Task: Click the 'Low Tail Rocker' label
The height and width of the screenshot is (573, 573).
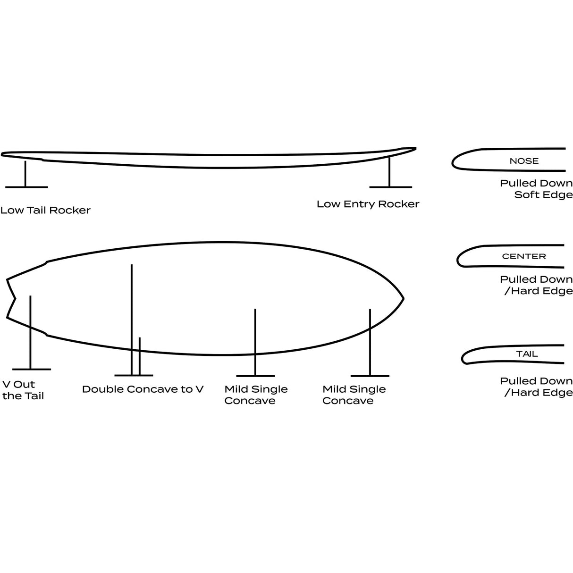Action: click(x=45, y=210)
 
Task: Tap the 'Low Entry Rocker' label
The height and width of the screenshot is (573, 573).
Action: click(x=368, y=204)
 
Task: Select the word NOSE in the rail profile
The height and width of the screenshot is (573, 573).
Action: click(x=524, y=161)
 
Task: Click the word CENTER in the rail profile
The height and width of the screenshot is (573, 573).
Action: click(x=524, y=256)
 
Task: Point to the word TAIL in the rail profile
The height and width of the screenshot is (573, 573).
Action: click(x=527, y=354)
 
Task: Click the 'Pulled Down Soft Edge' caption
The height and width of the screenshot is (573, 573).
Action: click(x=536, y=189)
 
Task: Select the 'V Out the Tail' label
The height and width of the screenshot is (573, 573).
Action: click(x=23, y=390)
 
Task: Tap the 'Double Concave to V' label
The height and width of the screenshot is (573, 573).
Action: click(x=143, y=389)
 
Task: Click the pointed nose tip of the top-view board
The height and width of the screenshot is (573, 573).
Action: click(x=403, y=298)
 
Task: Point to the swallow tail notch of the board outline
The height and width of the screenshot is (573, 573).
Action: click(x=15, y=299)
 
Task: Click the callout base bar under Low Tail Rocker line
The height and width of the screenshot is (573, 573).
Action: click(x=26, y=187)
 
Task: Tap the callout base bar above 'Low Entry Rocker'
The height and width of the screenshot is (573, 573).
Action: click(x=390, y=187)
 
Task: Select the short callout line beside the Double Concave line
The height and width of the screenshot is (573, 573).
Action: click(x=139, y=356)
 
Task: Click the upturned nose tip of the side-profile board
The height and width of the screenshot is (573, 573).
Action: click(x=415, y=148)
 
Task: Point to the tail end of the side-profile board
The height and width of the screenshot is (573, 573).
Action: click(x=2, y=154)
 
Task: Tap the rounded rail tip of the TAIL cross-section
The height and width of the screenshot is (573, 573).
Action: click(x=463, y=359)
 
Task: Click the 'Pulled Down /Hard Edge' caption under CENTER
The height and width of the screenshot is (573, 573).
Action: click(x=536, y=285)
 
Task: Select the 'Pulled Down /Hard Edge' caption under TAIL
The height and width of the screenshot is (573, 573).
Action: click(x=536, y=387)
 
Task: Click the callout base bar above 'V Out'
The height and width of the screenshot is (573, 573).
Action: click(x=32, y=369)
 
